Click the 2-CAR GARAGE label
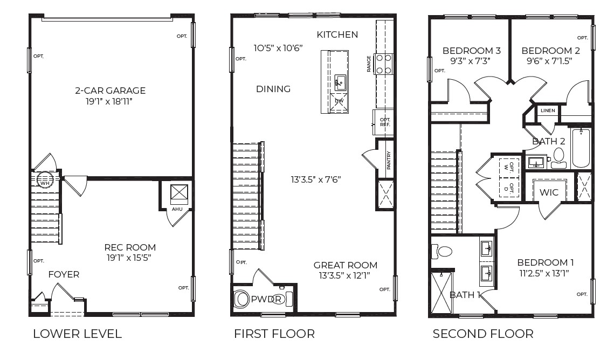tap(110, 91)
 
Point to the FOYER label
tap(64, 275)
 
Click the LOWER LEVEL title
tap(77, 334)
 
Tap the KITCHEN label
tap(337, 35)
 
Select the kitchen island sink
tap(340, 82)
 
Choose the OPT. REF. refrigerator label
tap(384, 122)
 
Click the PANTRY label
tap(388, 160)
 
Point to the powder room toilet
tap(243, 300)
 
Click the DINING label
tap(273, 89)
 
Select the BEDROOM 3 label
tap(471, 51)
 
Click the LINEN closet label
tap(548, 110)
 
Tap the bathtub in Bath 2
tap(582, 148)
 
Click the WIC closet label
tap(549, 192)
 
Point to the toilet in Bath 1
tap(444, 251)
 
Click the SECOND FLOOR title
tap(482, 334)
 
